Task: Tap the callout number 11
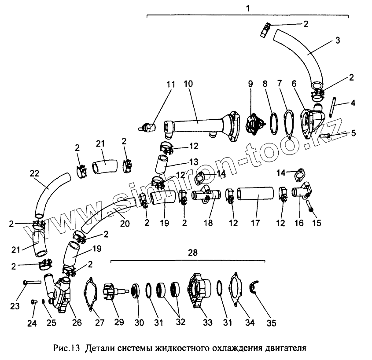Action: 171,84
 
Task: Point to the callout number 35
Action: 272,323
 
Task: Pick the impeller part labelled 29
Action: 110,291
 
